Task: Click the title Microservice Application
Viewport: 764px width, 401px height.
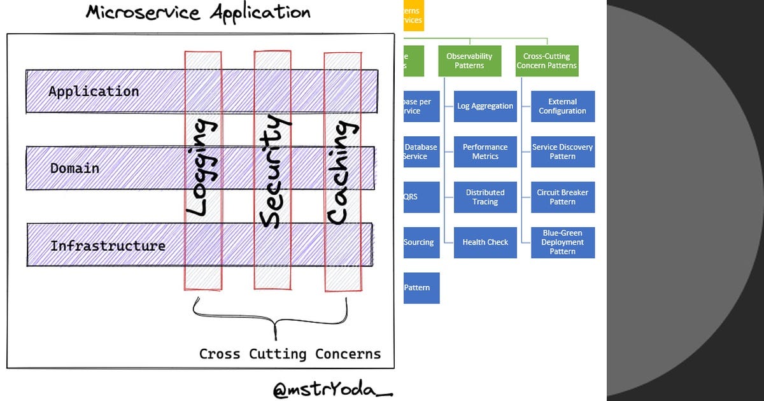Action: click(x=198, y=13)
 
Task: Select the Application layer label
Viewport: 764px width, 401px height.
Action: click(x=94, y=92)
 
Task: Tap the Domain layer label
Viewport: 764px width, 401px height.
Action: click(x=74, y=169)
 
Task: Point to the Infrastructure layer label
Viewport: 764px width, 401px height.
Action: click(x=108, y=246)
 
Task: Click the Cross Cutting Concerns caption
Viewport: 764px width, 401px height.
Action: click(x=290, y=354)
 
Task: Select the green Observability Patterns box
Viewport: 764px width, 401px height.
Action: click(x=469, y=61)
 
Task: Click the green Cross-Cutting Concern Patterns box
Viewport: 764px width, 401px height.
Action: click(x=547, y=61)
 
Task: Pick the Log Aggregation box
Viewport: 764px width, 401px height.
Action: click(x=485, y=106)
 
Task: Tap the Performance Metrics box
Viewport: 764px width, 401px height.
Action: click(x=485, y=151)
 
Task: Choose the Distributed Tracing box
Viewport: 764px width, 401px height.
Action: click(x=485, y=197)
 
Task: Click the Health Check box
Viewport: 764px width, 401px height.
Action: click(x=485, y=243)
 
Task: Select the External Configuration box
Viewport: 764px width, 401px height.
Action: click(x=563, y=106)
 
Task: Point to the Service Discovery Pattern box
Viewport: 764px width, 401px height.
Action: click(x=563, y=151)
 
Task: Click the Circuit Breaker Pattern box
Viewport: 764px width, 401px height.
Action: click(x=563, y=197)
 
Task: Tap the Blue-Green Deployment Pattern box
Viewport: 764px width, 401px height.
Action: click(x=563, y=243)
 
